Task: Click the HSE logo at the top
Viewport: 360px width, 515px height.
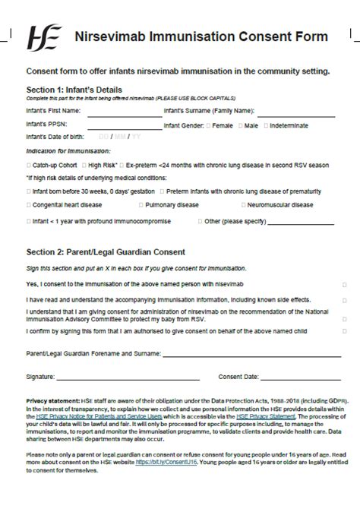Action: click(x=43, y=37)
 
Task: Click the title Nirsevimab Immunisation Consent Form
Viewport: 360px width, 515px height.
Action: click(x=201, y=36)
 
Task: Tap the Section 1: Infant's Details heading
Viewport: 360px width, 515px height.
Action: click(x=74, y=90)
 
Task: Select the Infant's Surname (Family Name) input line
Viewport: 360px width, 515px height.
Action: click(x=293, y=114)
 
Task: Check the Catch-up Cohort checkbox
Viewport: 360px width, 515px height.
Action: click(x=29, y=165)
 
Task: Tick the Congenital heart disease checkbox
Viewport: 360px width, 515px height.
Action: click(x=29, y=205)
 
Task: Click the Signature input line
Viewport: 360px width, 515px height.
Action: click(x=128, y=377)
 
